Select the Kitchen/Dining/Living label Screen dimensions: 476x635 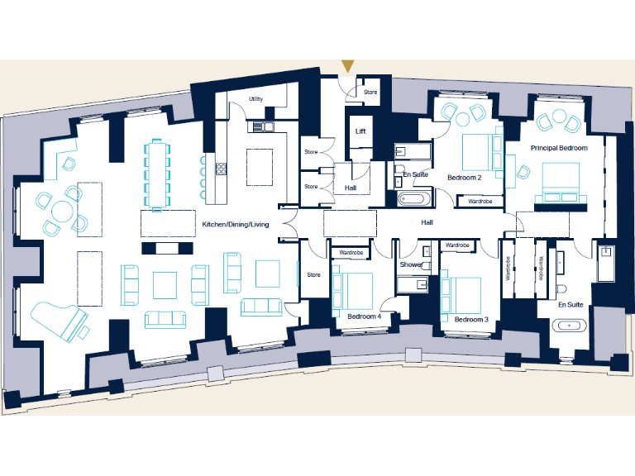236,224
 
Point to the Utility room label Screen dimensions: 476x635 255,99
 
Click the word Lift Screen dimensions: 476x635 360,131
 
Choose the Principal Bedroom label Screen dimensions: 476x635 559,148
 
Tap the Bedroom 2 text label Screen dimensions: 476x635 464,178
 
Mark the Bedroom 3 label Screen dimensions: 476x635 470,319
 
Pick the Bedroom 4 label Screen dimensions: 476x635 364,317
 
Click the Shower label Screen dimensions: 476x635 411,264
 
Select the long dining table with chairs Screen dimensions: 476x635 157,174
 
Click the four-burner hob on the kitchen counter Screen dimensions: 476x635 221,169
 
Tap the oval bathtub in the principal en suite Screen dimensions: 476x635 571,326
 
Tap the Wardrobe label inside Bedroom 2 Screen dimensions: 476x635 480,201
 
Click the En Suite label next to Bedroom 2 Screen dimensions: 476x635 414,174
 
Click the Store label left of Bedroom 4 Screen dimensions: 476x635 313,274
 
